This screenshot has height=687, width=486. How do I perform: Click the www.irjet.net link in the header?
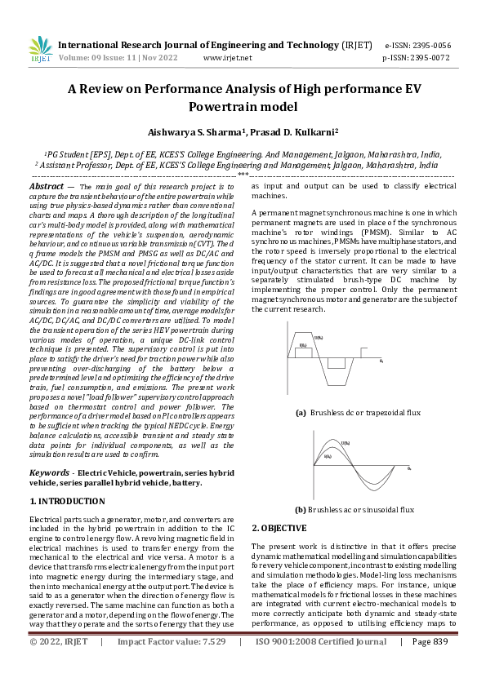coord(227,58)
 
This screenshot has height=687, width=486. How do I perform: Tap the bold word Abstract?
coord(47,187)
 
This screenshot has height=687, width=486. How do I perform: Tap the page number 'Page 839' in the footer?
coord(430,665)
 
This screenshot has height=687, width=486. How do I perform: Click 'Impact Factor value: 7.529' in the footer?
coord(170,665)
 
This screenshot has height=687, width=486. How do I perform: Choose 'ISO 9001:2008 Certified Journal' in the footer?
coord(321,665)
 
